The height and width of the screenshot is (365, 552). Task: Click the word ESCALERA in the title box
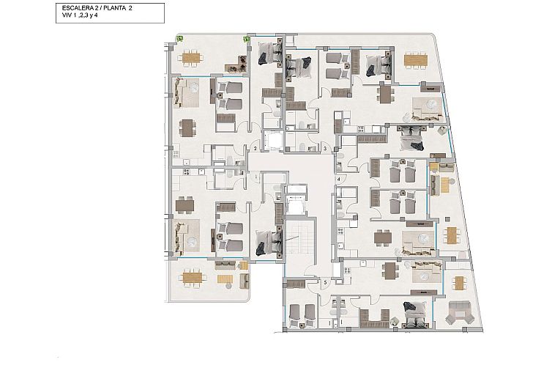75,8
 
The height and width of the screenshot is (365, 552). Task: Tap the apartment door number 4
338,179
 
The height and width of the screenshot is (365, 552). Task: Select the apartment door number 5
325,281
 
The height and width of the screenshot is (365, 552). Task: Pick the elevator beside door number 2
275,140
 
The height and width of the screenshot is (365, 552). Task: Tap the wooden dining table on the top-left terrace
191,56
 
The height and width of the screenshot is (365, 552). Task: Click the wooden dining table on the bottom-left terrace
192,278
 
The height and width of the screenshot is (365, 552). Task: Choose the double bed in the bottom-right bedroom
415,315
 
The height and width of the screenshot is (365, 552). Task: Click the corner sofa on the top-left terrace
236,64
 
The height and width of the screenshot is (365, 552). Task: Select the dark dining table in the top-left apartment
189,128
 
